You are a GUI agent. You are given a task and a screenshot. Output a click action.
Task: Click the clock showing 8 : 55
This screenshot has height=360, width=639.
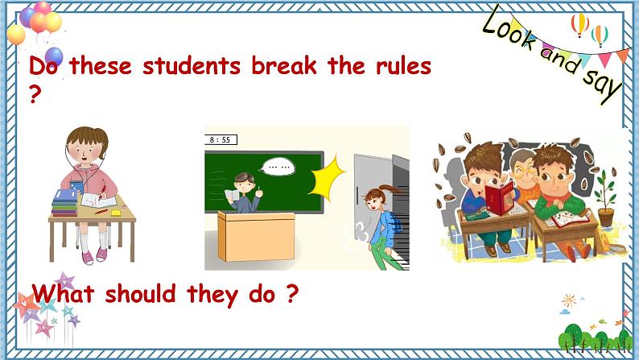(220, 139)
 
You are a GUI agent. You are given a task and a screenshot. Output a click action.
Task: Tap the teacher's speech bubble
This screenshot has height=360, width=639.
(279, 168)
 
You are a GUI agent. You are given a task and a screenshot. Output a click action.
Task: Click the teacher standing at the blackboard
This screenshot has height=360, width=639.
(244, 192)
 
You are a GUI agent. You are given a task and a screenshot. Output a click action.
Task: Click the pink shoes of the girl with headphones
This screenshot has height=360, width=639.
(94, 255)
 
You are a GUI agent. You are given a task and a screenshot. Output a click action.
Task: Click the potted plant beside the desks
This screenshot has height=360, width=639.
(604, 201)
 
